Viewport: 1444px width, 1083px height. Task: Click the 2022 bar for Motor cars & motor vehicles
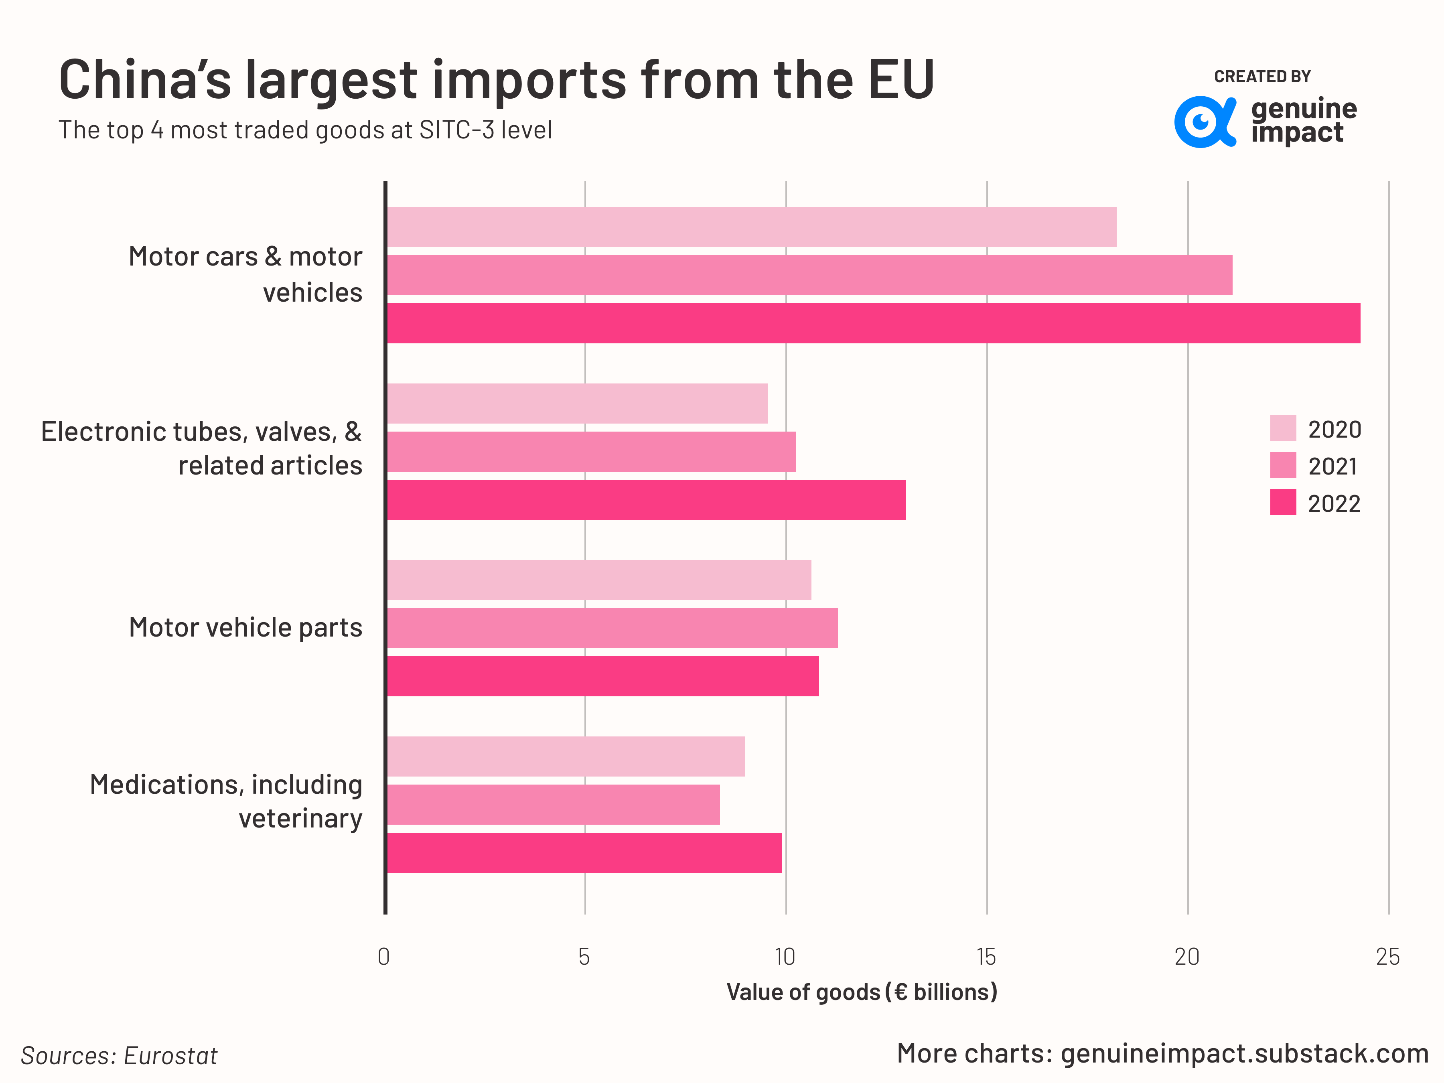[x=874, y=323]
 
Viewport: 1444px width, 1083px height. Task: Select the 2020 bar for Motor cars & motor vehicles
[x=751, y=227]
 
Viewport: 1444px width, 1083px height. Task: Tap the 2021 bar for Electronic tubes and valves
[x=591, y=452]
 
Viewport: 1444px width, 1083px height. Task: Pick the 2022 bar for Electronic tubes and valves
[x=646, y=500]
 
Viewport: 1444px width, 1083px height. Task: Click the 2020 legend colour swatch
[x=1283, y=428]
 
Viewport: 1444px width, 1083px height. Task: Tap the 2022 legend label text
[x=1334, y=504]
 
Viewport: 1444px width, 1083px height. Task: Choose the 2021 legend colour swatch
[x=1283, y=465]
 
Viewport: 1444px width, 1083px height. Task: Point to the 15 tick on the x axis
[x=986, y=957]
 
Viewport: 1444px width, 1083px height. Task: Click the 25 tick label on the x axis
[x=1388, y=957]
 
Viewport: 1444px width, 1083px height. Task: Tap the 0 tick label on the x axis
[x=384, y=957]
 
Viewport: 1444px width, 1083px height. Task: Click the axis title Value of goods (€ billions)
[x=862, y=992]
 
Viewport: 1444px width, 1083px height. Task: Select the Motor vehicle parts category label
[x=245, y=627]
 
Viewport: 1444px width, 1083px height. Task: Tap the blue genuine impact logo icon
[x=1205, y=122]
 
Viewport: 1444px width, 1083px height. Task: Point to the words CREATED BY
[x=1262, y=76]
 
